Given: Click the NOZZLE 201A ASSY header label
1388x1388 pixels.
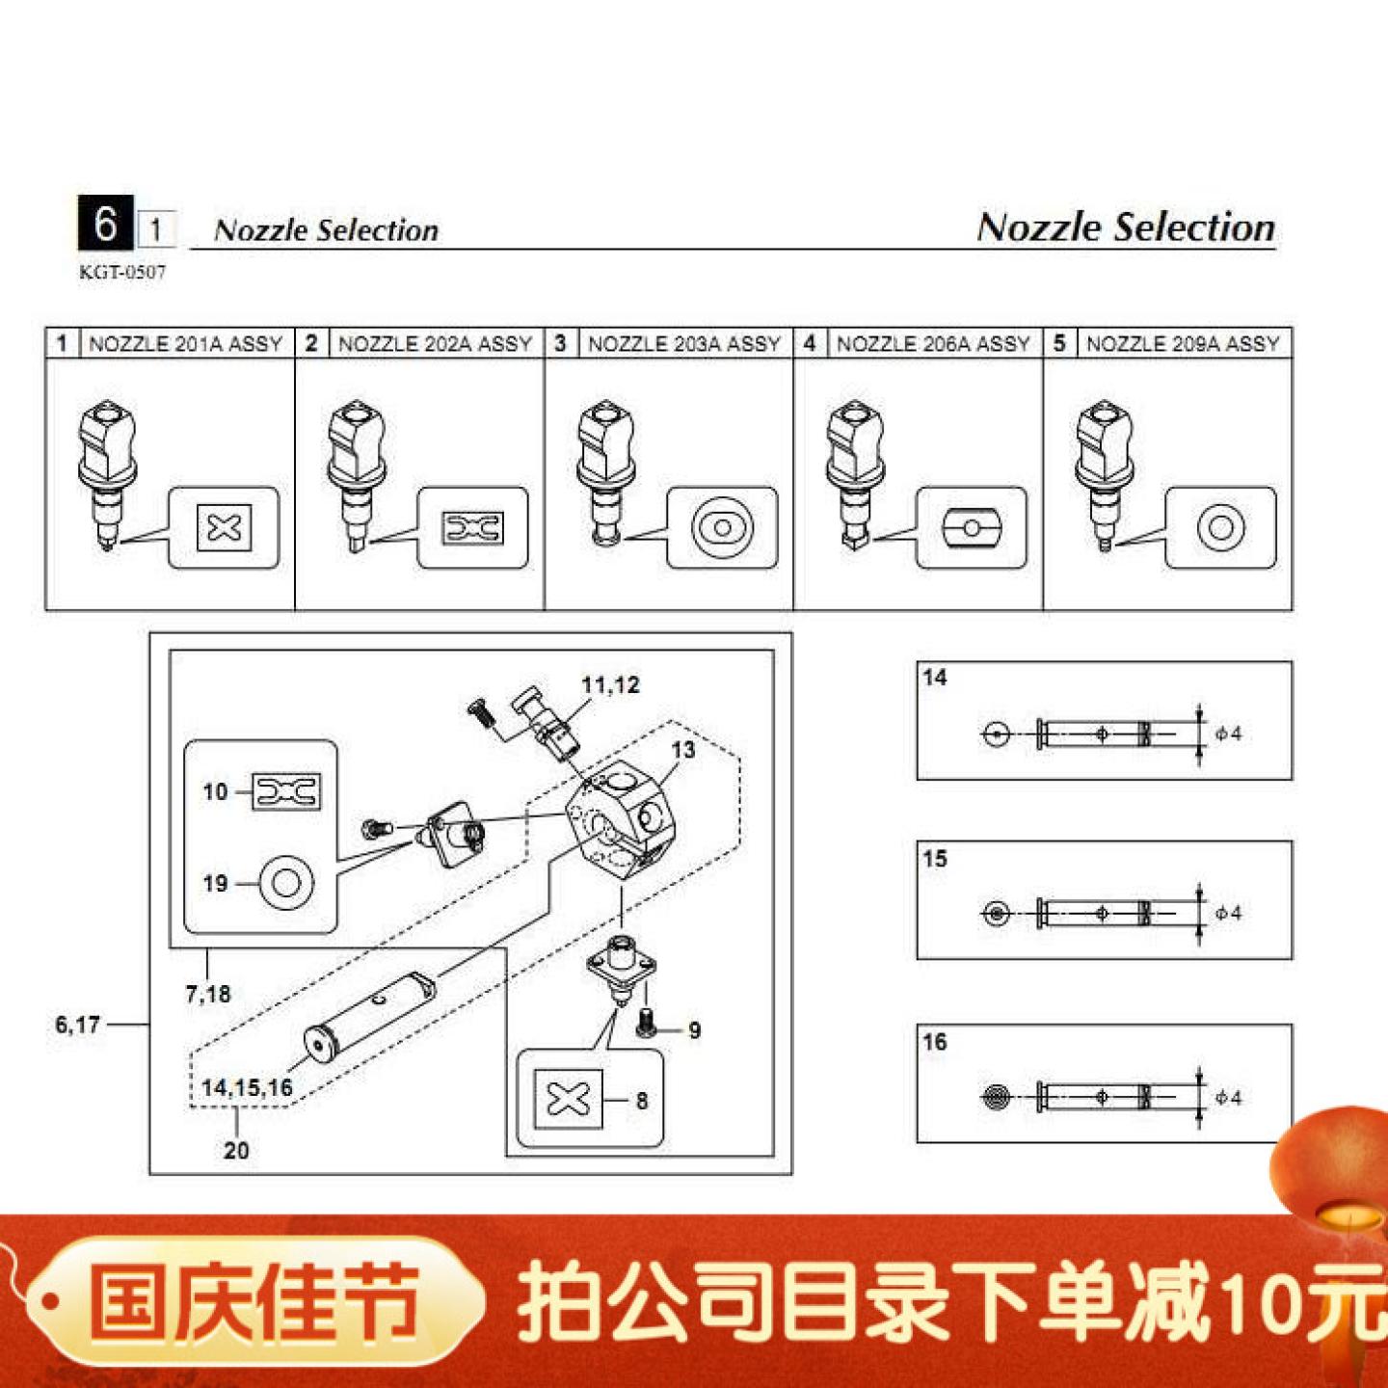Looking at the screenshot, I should point(185,344).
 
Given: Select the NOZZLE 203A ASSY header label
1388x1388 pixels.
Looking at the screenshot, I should point(683,344).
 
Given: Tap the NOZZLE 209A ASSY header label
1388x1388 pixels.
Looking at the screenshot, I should point(1183,344).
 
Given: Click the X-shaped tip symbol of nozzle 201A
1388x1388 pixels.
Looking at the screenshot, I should point(224,527).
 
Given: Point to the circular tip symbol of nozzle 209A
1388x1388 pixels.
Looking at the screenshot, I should point(1220,527).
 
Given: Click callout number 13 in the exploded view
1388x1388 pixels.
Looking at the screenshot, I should point(682,750).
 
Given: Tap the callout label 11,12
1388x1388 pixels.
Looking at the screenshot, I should point(610,685).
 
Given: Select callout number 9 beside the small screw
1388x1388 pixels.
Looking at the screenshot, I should point(694,1030).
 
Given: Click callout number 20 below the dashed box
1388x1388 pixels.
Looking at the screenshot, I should point(236,1150).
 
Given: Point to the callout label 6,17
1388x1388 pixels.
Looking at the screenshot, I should point(77,1025).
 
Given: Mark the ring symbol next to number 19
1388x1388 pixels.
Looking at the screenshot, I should point(286,882).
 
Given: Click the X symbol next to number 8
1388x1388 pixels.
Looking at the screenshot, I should point(568,1098).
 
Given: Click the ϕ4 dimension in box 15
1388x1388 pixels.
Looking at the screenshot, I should point(1228,913).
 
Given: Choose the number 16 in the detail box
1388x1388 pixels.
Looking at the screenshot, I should point(935,1042).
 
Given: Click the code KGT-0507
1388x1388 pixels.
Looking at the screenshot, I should point(122,273).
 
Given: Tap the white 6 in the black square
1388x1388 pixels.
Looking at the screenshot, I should point(105,224).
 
